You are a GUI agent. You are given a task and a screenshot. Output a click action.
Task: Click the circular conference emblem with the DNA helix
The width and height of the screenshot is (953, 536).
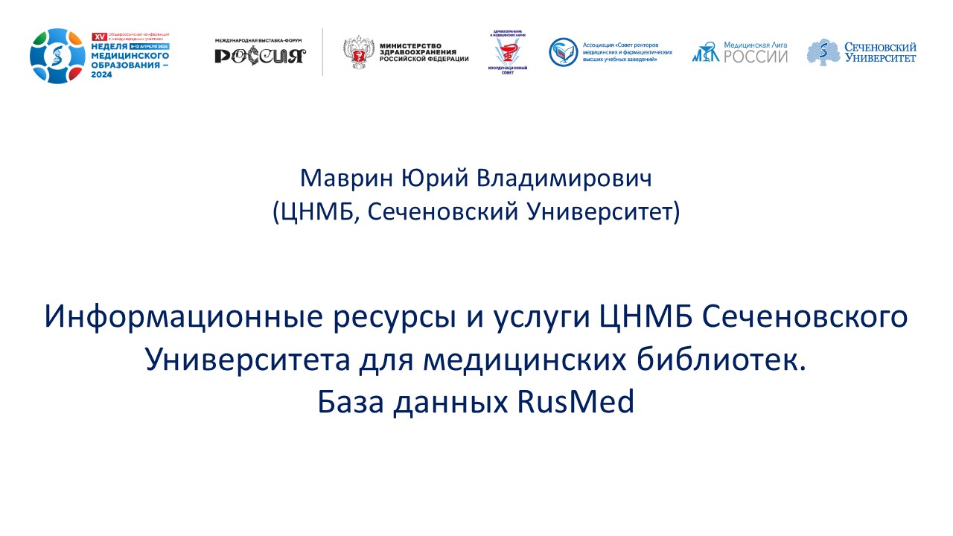[57, 56]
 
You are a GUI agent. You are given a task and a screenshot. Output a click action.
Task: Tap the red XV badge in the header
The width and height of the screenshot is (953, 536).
[96, 36]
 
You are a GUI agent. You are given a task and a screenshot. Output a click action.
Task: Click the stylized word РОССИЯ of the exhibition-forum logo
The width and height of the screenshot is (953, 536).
[260, 57]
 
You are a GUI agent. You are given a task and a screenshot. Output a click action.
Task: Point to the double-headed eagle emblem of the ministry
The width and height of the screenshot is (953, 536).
[358, 52]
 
